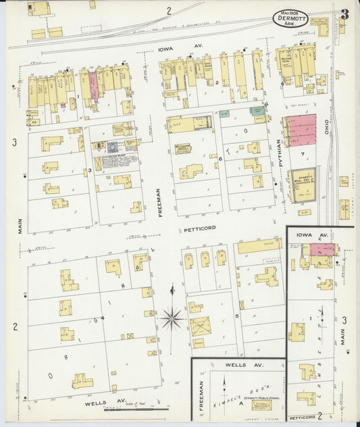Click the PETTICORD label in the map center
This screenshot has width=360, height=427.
pos(199,228)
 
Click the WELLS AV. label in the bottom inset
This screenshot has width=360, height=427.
pos(235,366)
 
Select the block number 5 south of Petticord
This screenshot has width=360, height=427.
pos(237,315)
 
